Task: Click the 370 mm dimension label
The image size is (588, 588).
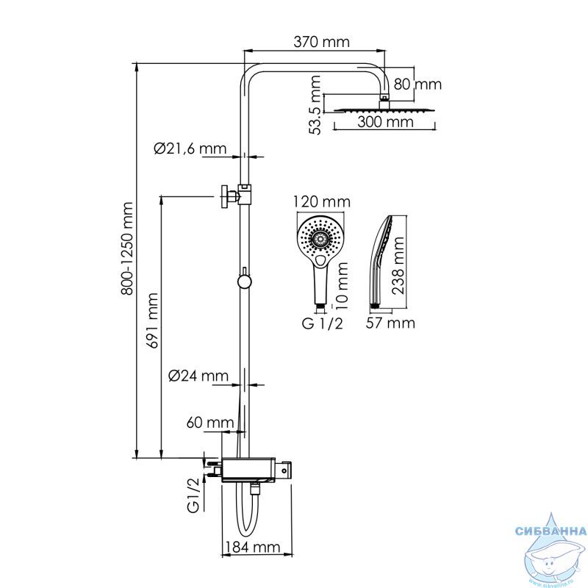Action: (x=321, y=42)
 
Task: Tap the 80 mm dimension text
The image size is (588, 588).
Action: (x=417, y=85)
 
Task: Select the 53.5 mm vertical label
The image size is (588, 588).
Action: (x=315, y=105)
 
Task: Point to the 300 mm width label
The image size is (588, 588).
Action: (x=385, y=122)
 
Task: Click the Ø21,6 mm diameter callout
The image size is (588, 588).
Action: (x=190, y=148)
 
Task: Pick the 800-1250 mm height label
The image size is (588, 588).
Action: (x=127, y=248)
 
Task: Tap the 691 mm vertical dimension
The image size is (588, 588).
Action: (x=153, y=320)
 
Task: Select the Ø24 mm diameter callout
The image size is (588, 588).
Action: (x=198, y=376)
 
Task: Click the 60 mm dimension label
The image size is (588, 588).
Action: (x=210, y=423)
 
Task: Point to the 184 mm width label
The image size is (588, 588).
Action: (x=251, y=547)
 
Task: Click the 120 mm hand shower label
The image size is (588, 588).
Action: (x=321, y=201)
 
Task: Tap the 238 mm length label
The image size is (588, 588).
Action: (x=398, y=265)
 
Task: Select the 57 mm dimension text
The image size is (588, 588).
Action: (x=390, y=323)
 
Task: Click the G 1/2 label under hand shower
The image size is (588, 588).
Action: (x=323, y=323)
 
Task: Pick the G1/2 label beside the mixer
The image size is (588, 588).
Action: (x=193, y=495)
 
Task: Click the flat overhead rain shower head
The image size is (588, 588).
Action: (x=384, y=110)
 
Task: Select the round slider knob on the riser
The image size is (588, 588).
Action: (x=244, y=282)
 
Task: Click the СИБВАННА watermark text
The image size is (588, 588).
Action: (x=551, y=531)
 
